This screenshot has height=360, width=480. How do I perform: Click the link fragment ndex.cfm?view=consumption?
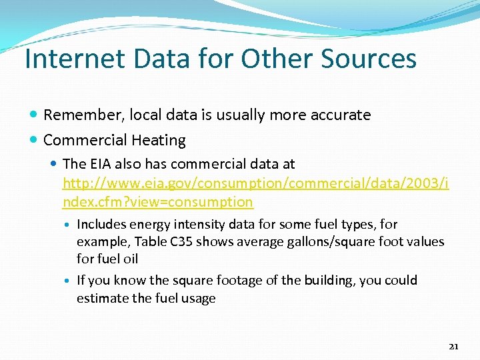(x=158, y=201)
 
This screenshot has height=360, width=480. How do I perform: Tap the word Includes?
(x=100, y=225)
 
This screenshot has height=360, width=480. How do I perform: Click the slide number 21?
(x=454, y=346)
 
